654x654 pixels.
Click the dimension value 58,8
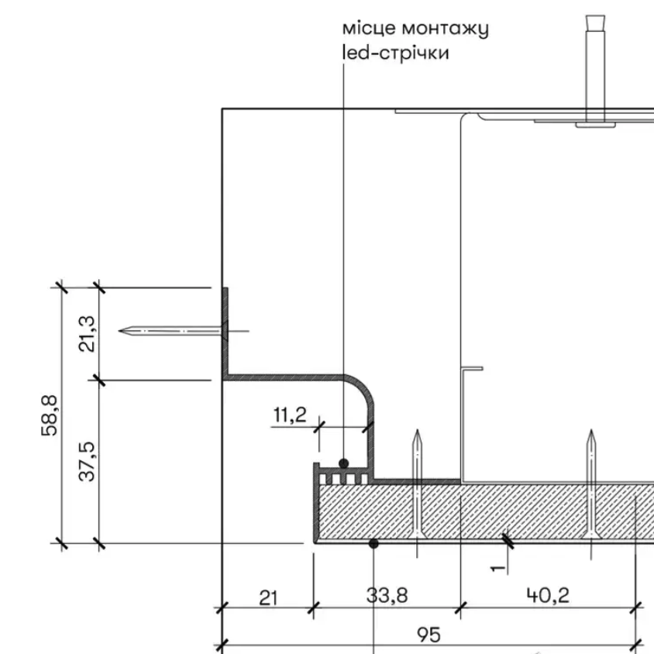[50, 415]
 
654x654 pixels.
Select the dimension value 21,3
[87, 334]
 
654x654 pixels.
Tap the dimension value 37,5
[87, 461]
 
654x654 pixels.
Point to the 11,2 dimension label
[290, 415]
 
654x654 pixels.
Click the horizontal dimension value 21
[268, 598]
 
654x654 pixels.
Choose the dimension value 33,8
[387, 595]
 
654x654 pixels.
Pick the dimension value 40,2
[548, 595]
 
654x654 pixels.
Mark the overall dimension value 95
[429, 635]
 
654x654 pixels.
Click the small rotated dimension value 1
[497, 568]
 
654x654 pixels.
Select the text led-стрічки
[395, 53]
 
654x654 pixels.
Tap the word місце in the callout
[369, 29]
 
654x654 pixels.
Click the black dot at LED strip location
[344, 463]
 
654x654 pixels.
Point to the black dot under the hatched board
[373, 543]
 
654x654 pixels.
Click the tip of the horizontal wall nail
[119, 331]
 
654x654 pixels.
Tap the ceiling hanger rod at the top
[595, 69]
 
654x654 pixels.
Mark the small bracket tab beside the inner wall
[473, 369]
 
